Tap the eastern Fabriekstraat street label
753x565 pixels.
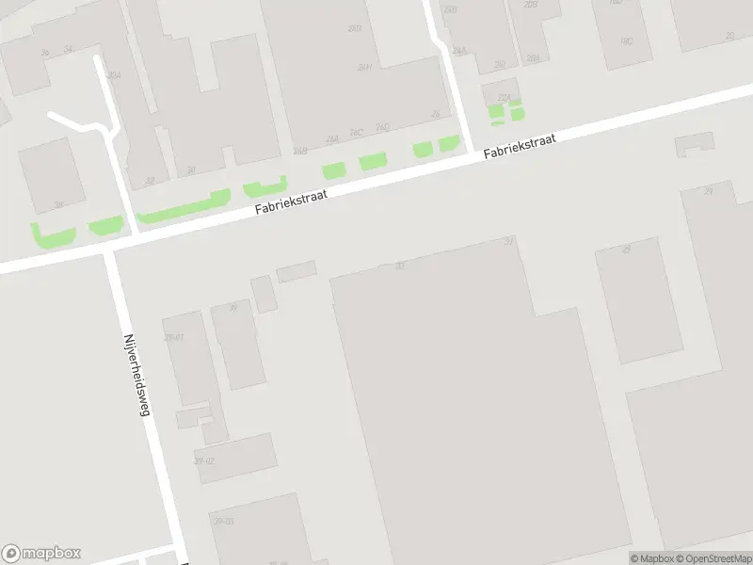521,146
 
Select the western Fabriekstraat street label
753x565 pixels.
291,202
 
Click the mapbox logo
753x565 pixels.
41,554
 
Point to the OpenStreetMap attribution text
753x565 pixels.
717,558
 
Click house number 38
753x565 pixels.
58,204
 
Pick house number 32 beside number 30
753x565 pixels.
150,180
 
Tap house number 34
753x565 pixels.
67,49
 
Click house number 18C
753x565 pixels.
627,42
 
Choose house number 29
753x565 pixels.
626,249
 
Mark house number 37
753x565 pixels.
509,241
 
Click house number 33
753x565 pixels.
399,266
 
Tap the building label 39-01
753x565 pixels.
172,336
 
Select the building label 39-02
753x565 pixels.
203,460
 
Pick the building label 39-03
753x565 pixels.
223,521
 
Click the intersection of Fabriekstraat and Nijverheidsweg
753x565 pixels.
111,248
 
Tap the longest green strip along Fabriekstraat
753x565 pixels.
183,209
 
